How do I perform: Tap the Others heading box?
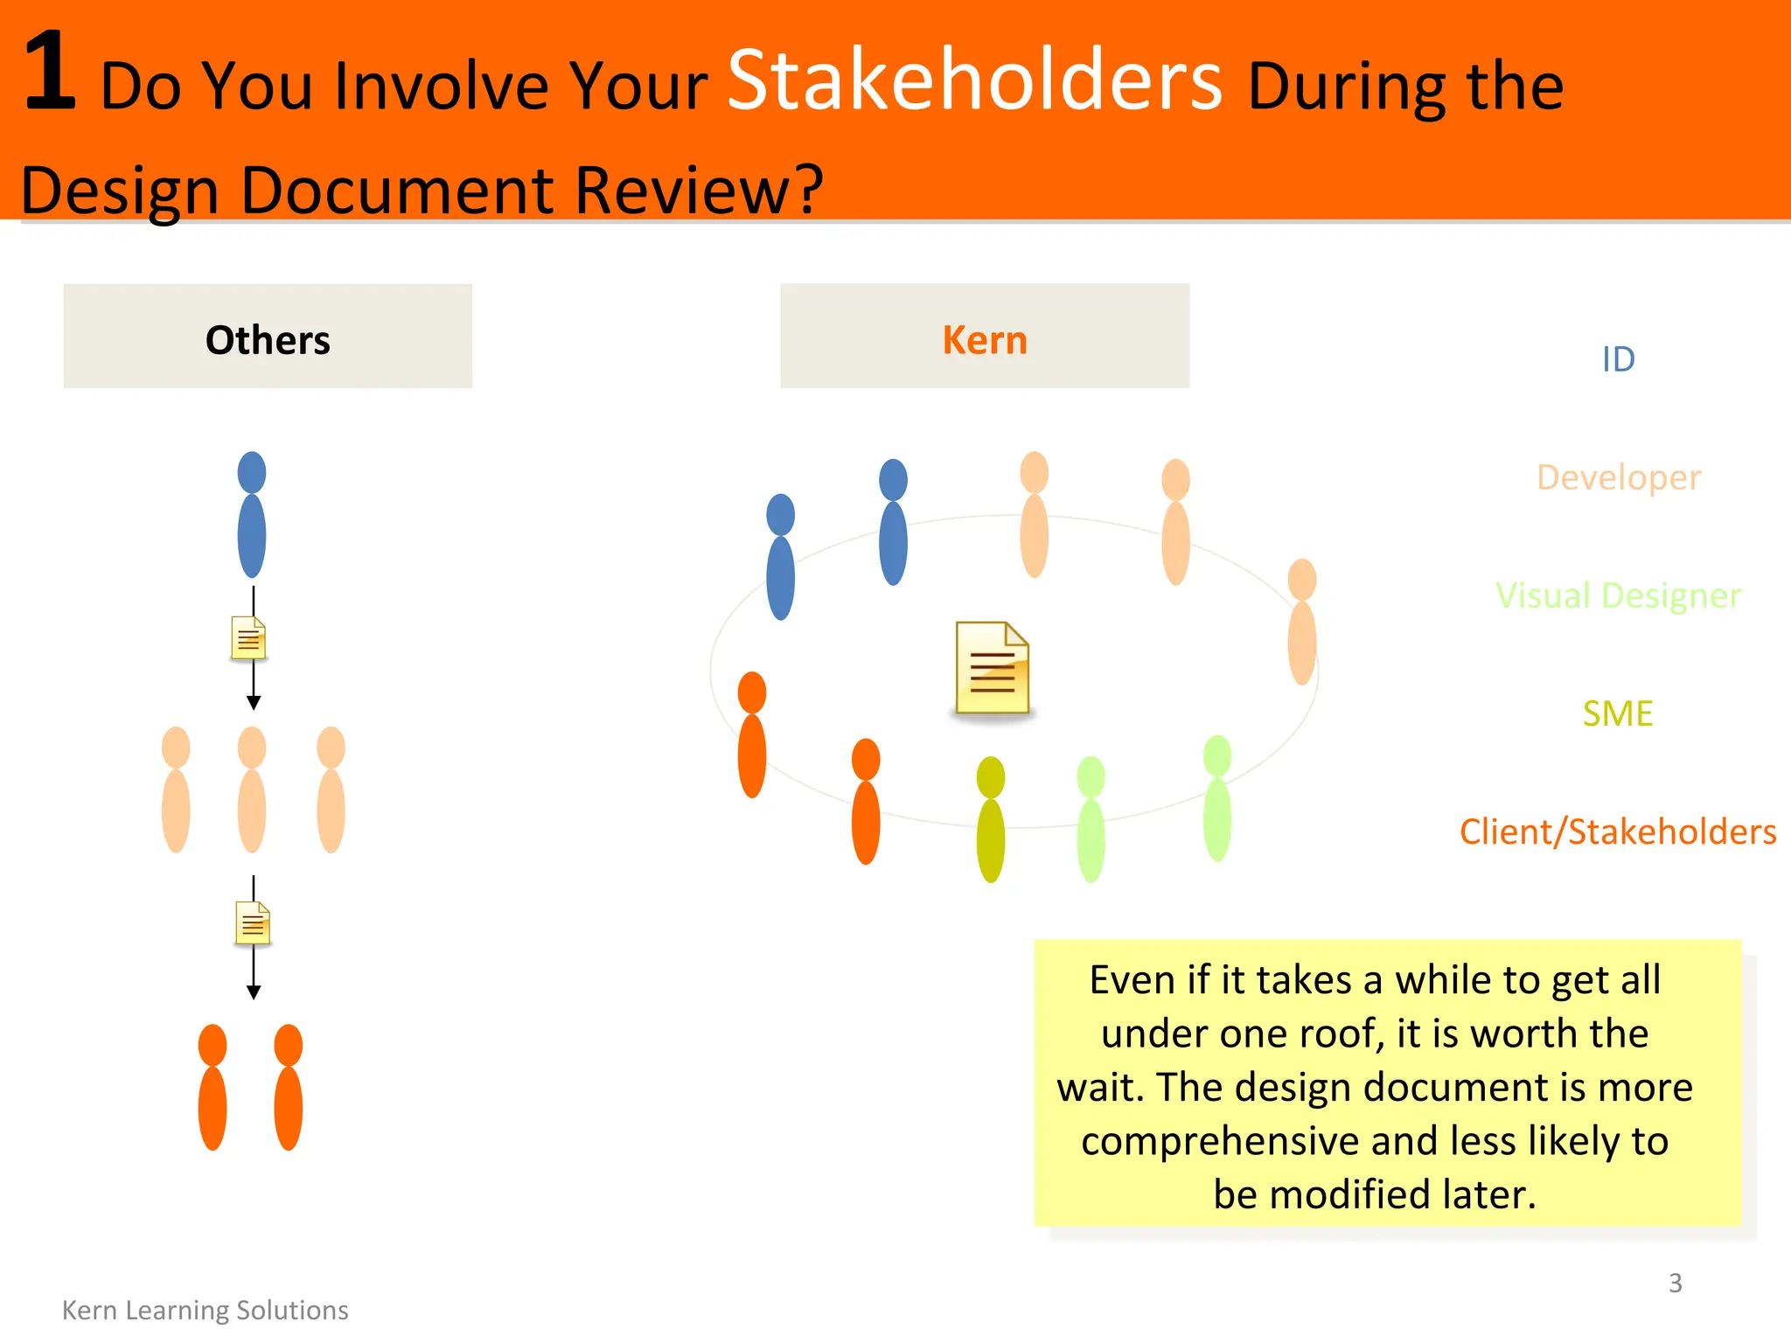tap(268, 337)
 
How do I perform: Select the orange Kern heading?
tap(985, 340)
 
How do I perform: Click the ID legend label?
tap(1618, 359)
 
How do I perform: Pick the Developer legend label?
tap(1618, 477)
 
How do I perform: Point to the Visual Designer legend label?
tap(1618, 595)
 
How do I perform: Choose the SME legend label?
tap(1618, 713)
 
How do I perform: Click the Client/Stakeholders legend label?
tap(1618, 832)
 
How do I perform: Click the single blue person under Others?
tap(252, 516)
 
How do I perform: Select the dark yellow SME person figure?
tap(991, 820)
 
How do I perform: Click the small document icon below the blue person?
tap(248, 639)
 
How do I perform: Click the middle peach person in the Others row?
tap(252, 790)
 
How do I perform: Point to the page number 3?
tap(1675, 1283)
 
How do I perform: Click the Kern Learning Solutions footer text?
tap(206, 1310)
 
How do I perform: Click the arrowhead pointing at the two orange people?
tap(254, 992)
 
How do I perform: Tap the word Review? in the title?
tap(699, 190)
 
